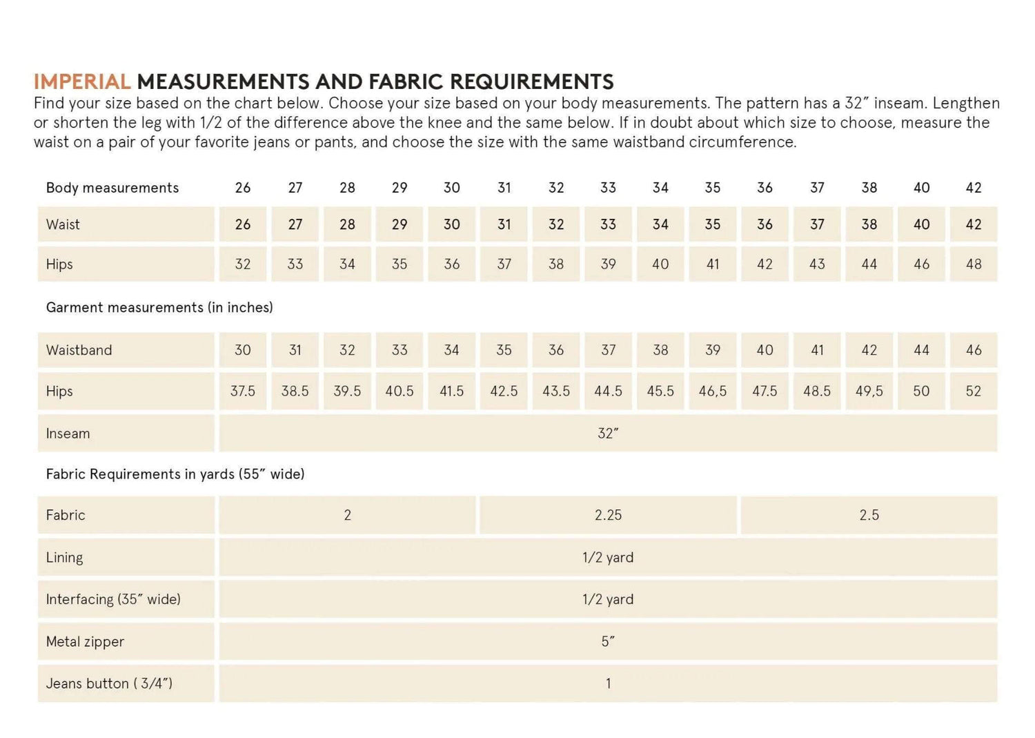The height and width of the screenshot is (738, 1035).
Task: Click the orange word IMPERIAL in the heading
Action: (82, 82)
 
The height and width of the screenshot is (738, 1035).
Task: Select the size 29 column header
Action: (400, 188)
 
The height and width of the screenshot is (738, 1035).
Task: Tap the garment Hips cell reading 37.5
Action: (243, 391)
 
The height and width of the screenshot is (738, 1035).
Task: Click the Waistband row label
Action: (79, 350)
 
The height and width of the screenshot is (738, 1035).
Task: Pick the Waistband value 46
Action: (974, 350)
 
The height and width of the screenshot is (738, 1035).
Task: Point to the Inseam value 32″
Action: (608, 434)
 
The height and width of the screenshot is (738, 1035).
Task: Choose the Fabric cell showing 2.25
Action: (608, 515)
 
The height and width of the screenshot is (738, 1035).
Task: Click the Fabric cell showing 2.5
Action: (869, 515)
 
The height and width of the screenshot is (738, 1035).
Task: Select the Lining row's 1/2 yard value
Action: (608, 558)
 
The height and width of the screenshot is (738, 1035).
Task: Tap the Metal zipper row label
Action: (85, 642)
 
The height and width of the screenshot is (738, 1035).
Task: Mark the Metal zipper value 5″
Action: (608, 642)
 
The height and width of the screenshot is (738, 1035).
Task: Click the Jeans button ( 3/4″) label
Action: (109, 683)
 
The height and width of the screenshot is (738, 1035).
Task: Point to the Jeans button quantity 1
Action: (608, 683)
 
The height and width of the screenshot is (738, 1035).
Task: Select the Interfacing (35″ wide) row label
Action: (113, 599)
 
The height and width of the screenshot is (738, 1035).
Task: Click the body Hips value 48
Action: (974, 264)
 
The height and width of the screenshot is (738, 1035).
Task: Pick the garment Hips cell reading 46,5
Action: (713, 391)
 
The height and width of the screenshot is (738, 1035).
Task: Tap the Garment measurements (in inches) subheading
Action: (159, 307)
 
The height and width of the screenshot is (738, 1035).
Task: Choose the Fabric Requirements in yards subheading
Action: (175, 474)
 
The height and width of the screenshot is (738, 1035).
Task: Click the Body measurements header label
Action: (112, 188)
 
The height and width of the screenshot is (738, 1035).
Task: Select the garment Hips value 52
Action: (974, 391)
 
